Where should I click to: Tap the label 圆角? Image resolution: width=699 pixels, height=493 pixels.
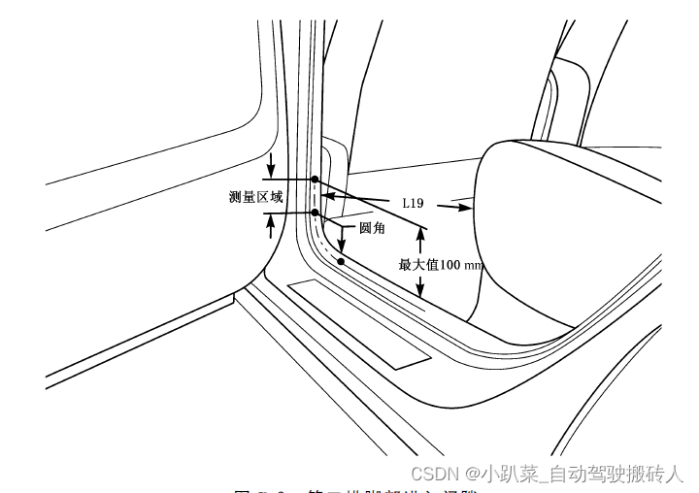coord(373,228)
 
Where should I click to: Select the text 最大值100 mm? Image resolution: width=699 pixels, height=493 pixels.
coord(441,264)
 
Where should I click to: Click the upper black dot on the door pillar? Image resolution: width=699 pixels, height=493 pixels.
coord(315,180)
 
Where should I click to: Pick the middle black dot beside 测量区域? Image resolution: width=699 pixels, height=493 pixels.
coord(315,213)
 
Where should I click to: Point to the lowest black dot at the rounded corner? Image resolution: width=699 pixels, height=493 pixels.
coord(341,261)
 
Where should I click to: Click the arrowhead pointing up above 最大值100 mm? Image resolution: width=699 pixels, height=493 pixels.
coord(420,236)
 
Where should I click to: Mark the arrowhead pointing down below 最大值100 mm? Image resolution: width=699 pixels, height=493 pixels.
coord(420,290)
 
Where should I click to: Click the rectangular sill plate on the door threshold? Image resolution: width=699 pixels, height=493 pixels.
coord(359,323)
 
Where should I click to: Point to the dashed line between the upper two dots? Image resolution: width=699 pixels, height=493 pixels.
coord(315,196)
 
